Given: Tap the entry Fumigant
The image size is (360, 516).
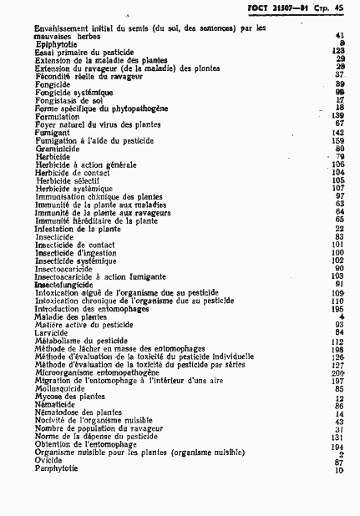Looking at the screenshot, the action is coord(49,133).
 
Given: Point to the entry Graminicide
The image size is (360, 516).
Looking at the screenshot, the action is coord(55,149).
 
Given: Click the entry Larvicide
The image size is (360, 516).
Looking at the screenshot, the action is coord(51,332).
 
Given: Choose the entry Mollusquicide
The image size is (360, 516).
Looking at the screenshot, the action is coord(59,388).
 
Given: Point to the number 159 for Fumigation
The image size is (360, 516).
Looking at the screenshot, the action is coord(338,141).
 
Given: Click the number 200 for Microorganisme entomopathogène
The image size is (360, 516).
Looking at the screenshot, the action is coord(338,372).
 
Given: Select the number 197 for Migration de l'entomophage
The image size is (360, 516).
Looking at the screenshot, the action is coord(338,381).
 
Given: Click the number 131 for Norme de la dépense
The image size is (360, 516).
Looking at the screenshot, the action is coord(338,437).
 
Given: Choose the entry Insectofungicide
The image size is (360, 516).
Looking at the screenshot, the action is coord(63,285).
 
